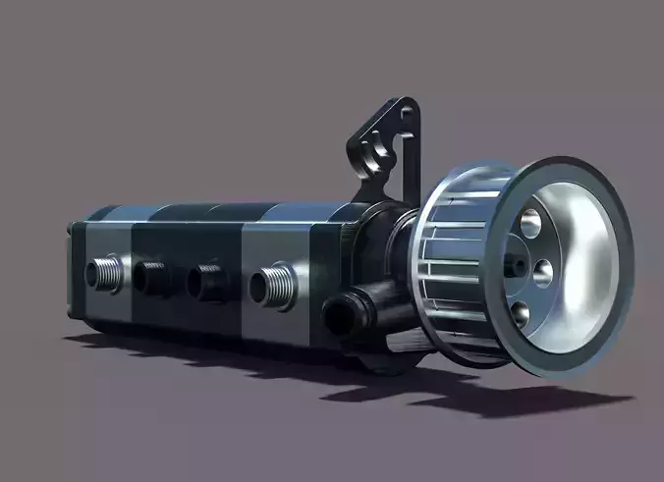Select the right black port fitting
[x=211, y=281]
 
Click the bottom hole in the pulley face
[x=521, y=313]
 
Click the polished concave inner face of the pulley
[x=580, y=265]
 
